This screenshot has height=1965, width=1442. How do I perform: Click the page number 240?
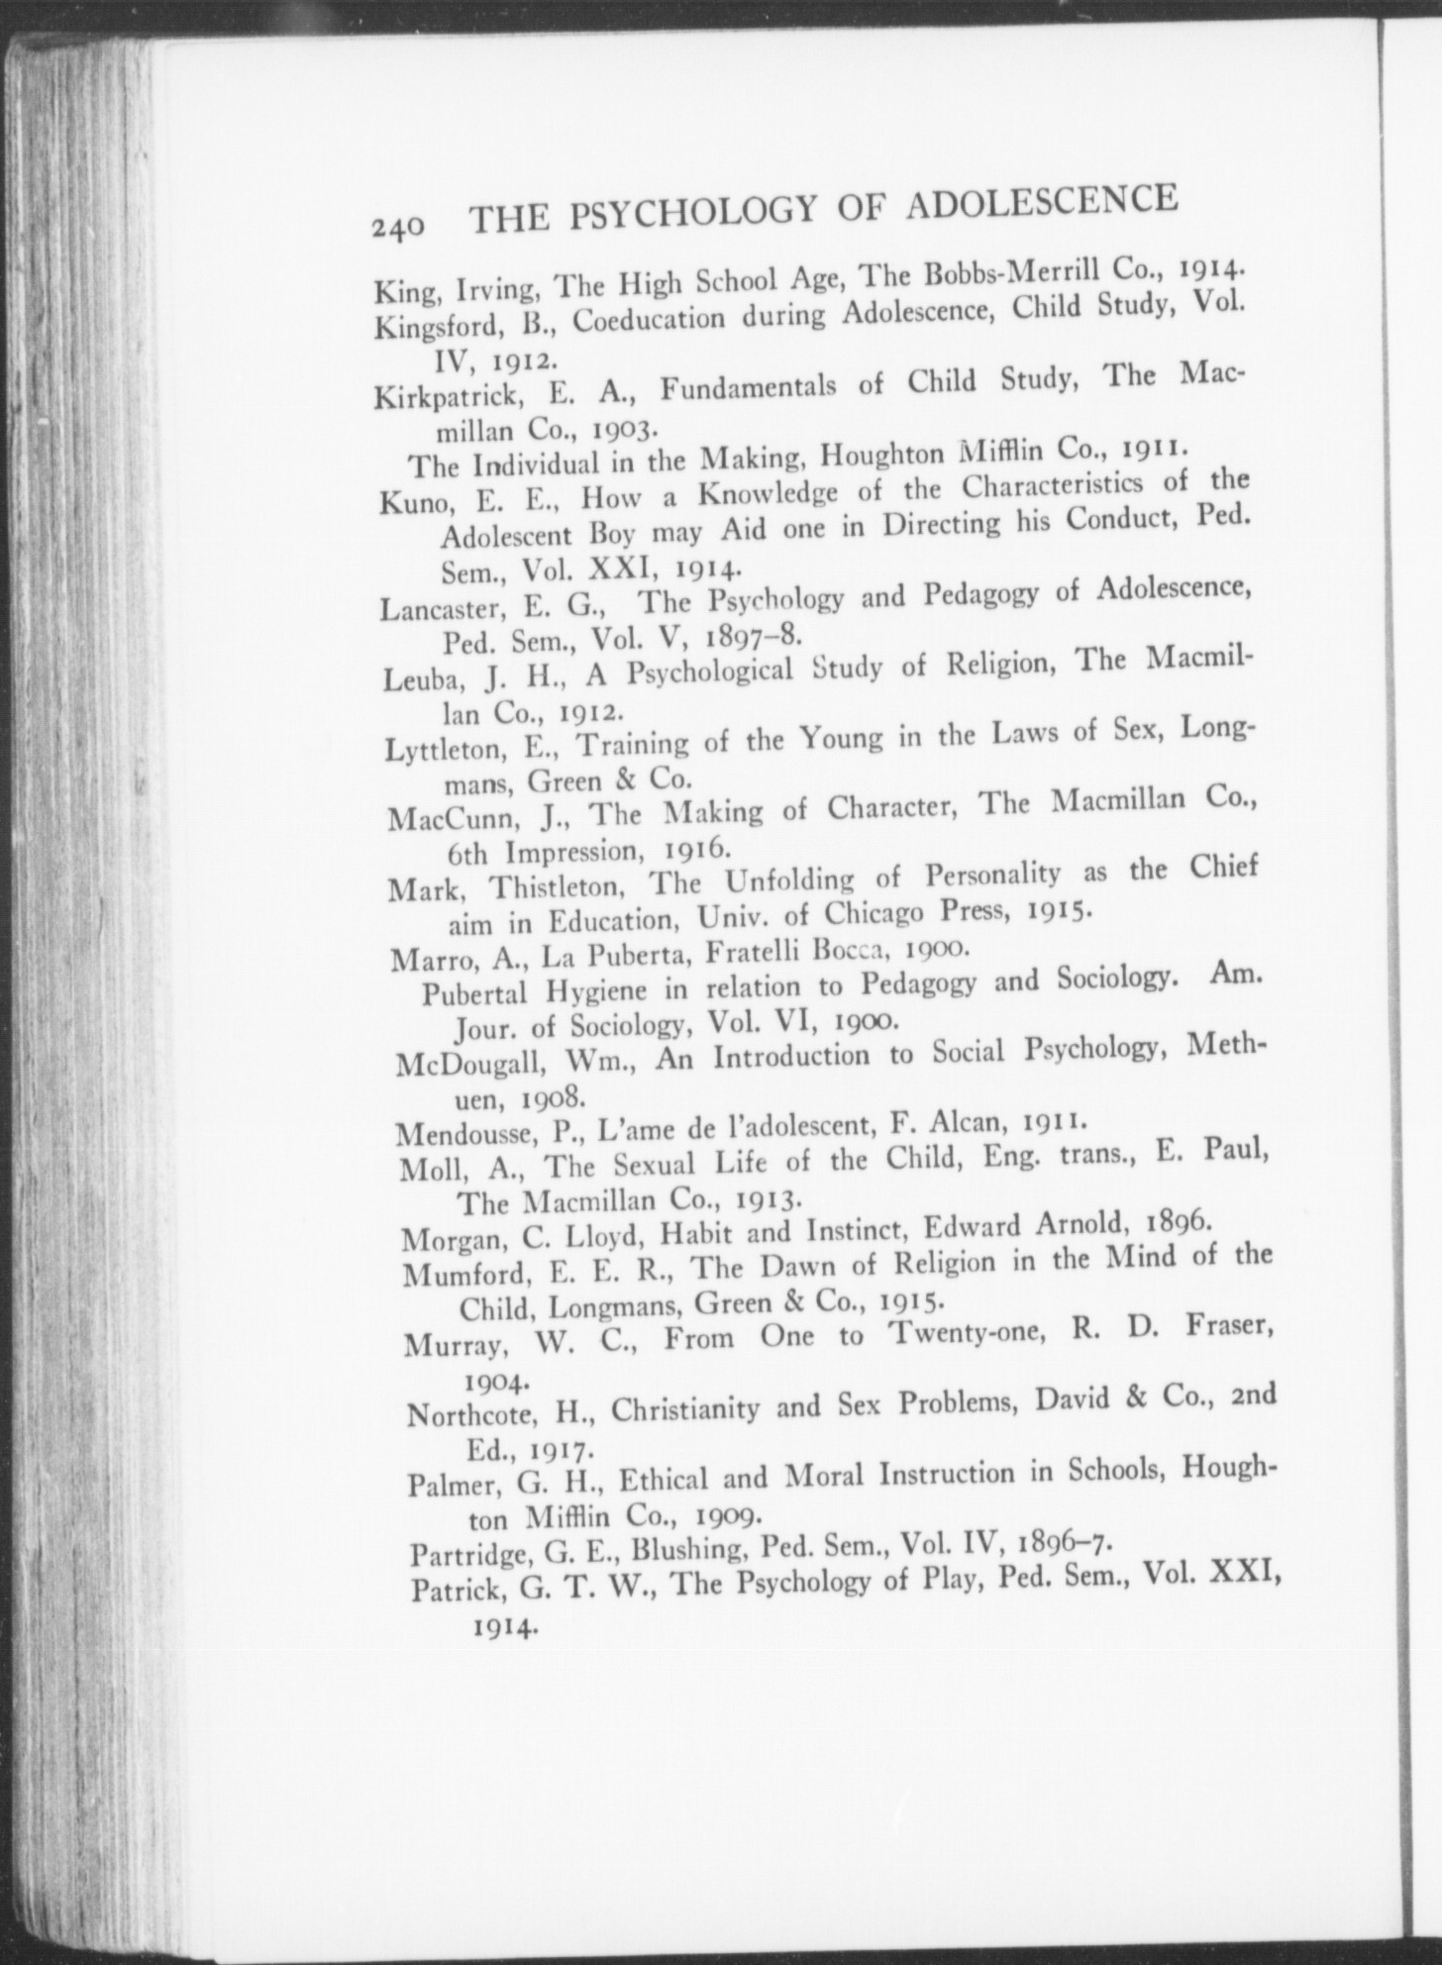(399, 227)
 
